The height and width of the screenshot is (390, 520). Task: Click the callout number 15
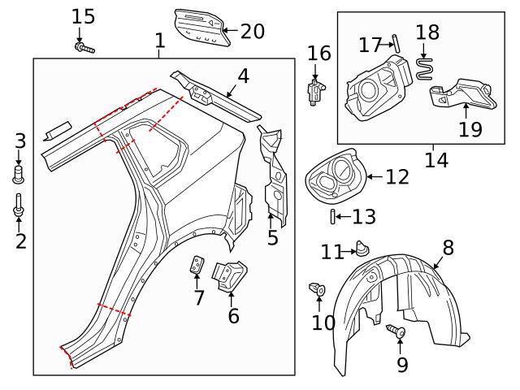83,15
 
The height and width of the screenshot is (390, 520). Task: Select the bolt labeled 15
84,50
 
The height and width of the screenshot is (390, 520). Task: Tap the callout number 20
253,32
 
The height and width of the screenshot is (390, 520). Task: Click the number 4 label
243,77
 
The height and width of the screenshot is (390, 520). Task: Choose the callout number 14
436,159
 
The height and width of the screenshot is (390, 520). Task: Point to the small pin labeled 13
333,216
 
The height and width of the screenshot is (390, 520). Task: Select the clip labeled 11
362,248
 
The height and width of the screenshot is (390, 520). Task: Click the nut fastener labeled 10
318,288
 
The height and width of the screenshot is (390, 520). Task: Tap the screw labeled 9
396,331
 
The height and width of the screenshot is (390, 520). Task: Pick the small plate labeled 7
197,265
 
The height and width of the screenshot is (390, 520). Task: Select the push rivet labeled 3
20,173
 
